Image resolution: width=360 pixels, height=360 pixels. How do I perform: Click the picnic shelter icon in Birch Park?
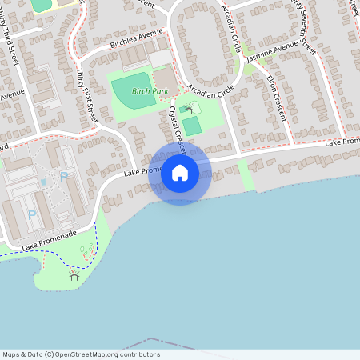[189, 108]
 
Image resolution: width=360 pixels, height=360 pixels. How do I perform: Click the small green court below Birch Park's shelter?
[192, 126]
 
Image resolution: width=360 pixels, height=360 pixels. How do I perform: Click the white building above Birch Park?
[160, 58]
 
